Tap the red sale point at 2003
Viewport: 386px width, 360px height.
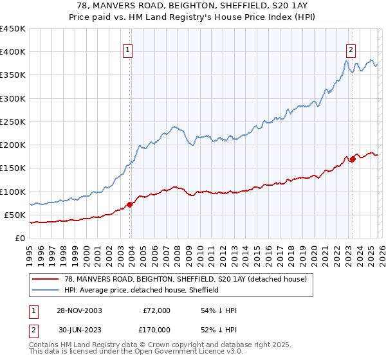130,204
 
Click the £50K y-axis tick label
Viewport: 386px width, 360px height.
15,215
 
